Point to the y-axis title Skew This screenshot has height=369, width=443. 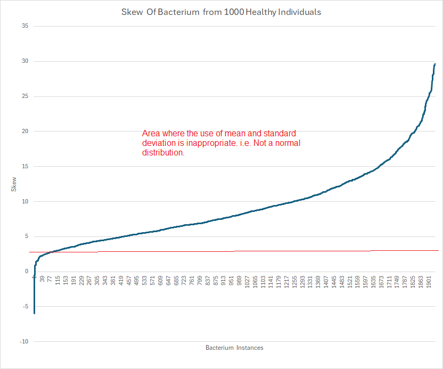point(13,184)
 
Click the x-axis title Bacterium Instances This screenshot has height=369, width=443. point(234,348)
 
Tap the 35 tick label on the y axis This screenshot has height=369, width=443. point(24,26)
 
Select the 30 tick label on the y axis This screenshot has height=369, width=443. point(24,61)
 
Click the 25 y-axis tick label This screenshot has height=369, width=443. point(24,96)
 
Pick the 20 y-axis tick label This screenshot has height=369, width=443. point(24,132)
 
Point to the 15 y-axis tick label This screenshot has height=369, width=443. point(24,167)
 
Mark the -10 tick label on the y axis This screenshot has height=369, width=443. point(23,342)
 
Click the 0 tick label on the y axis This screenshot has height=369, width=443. point(26,272)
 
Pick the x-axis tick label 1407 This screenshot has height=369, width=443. point(326,282)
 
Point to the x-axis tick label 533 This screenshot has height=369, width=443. point(144,281)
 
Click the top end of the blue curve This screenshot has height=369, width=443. point(435,64)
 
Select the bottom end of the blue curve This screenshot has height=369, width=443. point(34,313)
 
